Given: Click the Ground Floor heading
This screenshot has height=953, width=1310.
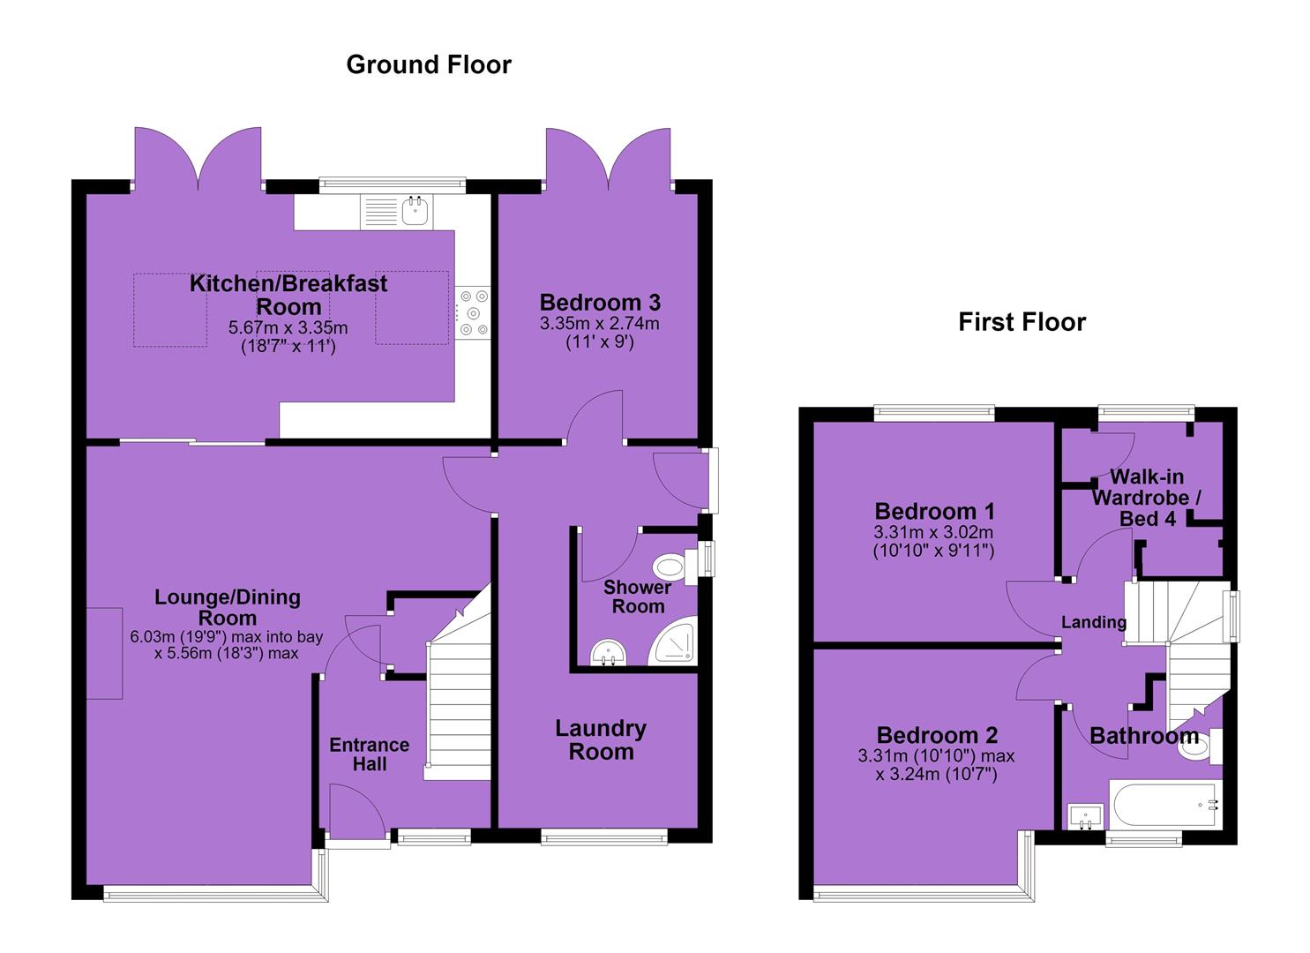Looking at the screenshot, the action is click(x=429, y=64).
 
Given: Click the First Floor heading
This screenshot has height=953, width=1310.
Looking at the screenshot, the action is click(x=1022, y=322).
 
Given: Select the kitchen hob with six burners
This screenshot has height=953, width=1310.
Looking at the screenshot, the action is click(x=473, y=312).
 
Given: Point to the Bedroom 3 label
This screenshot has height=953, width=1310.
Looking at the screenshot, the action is click(x=600, y=303).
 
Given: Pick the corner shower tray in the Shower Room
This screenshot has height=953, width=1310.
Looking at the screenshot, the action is click(x=674, y=641).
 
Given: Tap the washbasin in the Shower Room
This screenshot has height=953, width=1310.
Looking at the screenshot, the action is click(x=608, y=653).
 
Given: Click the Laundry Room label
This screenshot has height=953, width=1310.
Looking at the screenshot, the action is click(x=601, y=740).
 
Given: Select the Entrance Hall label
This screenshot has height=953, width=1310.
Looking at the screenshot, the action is click(x=369, y=754).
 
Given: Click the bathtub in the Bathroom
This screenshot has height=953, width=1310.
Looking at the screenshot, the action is click(x=1165, y=805).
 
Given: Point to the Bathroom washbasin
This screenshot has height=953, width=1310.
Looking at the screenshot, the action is click(x=1085, y=816).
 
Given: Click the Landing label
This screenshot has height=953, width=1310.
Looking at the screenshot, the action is click(x=1094, y=622).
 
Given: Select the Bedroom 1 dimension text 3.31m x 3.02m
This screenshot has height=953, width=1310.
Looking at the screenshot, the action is click(x=933, y=532).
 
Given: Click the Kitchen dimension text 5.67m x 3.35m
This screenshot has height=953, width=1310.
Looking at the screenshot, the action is click(x=288, y=327).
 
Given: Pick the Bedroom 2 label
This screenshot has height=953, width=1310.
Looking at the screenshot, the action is click(x=936, y=735).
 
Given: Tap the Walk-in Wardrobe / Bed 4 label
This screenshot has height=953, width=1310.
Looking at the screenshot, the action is click(x=1146, y=498).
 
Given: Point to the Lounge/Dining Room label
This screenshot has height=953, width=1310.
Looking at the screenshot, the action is click(x=228, y=607).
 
